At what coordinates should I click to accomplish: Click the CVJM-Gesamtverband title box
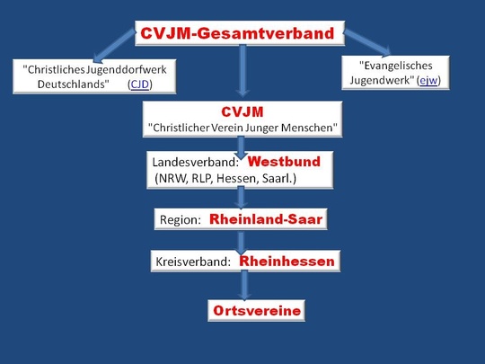point(240,33)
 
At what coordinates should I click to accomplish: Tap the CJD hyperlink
point(140,84)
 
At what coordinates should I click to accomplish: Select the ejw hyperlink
point(428,81)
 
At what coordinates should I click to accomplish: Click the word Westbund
point(284,162)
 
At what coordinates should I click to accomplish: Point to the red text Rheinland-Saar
point(266,219)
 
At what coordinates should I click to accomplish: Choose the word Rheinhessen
point(287,262)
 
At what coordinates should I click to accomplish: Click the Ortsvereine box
point(256,310)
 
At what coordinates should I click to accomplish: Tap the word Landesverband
point(194,162)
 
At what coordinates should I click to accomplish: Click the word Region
point(179,220)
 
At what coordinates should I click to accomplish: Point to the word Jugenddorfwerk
point(127,70)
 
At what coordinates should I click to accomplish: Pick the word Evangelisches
point(395,66)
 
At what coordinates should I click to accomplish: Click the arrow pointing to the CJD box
point(114,46)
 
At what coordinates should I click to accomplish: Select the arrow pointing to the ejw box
point(367,43)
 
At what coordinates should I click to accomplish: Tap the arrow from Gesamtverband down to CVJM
point(242,71)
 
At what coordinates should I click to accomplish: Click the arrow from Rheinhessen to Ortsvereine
point(244,285)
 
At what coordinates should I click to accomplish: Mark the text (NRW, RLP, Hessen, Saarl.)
point(225,179)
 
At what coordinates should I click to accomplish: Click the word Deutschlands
point(74,84)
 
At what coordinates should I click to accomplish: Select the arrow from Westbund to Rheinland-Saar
point(241,198)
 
